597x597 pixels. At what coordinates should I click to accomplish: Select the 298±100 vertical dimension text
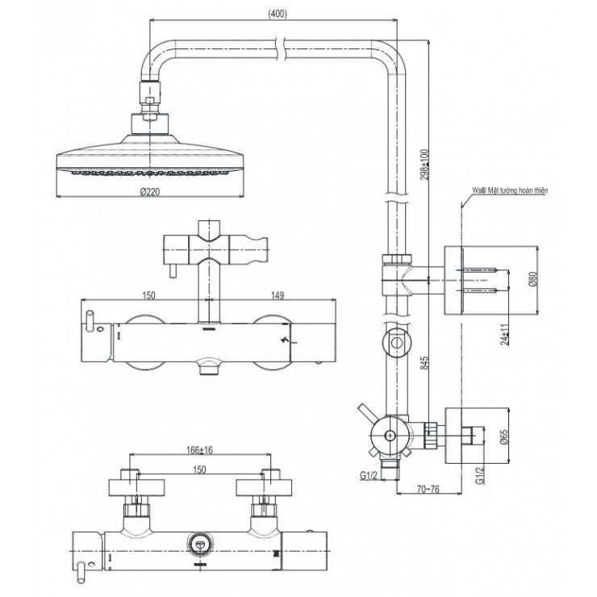pyautogui.click(x=426, y=165)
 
